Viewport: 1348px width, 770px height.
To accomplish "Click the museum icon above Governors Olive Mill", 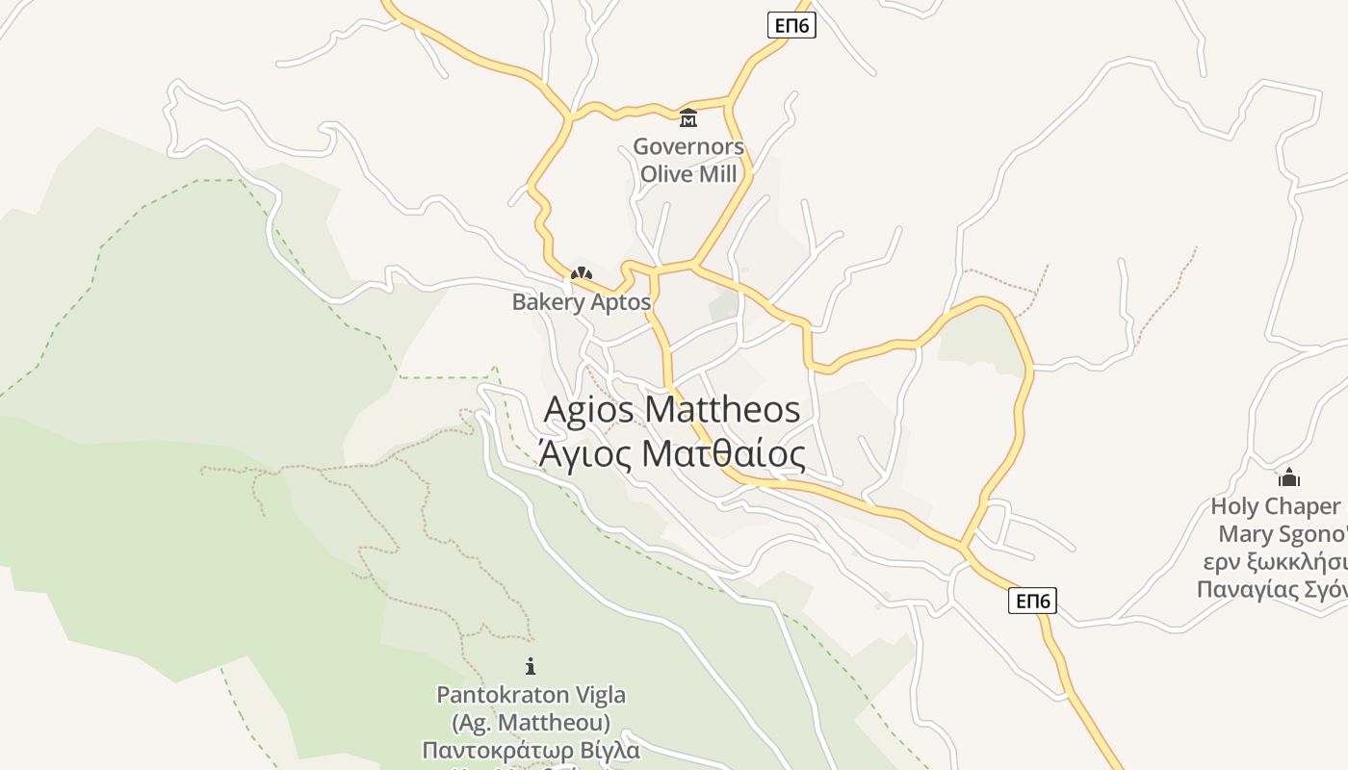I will pyautogui.click(x=688, y=118).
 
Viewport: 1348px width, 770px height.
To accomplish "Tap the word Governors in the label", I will pyautogui.click(x=688, y=147).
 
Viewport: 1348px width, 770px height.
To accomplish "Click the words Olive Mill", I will pyautogui.click(x=688, y=174).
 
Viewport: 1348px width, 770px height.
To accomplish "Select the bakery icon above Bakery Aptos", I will pyautogui.click(x=581, y=274).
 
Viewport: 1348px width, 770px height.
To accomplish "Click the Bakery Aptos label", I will pyautogui.click(x=581, y=302).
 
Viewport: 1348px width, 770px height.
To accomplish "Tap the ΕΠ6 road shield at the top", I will pyautogui.click(x=791, y=26).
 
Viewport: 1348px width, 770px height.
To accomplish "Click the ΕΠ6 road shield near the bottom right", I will pyautogui.click(x=1033, y=602).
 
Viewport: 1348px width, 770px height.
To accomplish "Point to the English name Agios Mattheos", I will pyautogui.click(x=671, y=409).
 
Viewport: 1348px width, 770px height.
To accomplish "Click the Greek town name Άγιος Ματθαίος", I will pyautogui.click(x=671, y=453).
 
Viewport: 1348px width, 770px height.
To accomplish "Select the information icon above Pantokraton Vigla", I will pyautogui.click(x=530, y=665).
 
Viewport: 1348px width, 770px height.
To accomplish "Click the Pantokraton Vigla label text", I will pyautogui.click(x=531, y=695).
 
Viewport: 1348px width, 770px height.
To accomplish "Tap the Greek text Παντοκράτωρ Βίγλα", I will pyautogui.click(x=531, y=750).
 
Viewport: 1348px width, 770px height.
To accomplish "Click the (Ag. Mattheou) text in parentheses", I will pyautogui.click(x=531, y=722).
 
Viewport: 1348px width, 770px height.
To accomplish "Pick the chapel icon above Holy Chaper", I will pyautogui.click(x=1288, y=477).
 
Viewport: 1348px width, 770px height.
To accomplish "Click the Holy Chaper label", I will pyautogui.click(x=1275, y=506).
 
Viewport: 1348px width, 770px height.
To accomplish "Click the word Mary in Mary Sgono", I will pyautogui.click(x=1245, y=534).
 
